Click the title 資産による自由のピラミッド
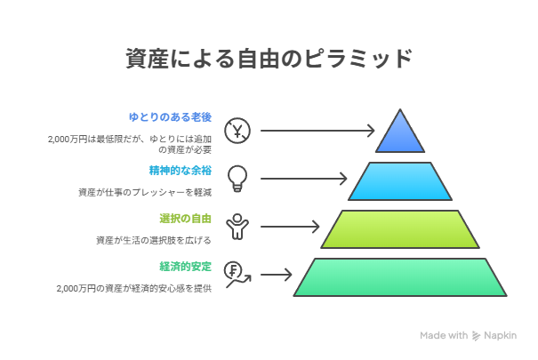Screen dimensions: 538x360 coord(269,59)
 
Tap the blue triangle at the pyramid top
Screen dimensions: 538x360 coord(400,134)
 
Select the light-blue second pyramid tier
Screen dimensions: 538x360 coord(400,181)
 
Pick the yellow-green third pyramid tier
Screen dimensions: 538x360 coord(400,229)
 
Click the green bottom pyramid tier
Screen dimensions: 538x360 coord(400,277)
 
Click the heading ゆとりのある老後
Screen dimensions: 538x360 coord(170,117)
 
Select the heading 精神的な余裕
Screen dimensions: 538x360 coord(181,171)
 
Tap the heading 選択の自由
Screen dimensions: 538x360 coord(185,219)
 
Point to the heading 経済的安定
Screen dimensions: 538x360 coord(185,267)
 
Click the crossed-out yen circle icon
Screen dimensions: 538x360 coord(237,131)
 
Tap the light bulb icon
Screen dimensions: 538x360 coord(237,179)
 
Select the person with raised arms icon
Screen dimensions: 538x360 coord(237,227)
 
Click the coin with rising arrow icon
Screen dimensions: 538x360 coord(237,275)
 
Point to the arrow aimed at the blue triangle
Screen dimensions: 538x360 coord(317,131)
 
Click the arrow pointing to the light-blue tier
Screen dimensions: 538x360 coord(303,179)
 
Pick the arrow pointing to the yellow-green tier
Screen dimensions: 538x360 coord(290,227)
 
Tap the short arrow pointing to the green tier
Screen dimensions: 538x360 coord(277,275)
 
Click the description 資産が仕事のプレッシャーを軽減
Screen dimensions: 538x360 coord(145,192)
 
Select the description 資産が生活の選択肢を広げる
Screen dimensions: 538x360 coord(153,240)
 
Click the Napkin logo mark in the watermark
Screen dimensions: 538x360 coord(476,336)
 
